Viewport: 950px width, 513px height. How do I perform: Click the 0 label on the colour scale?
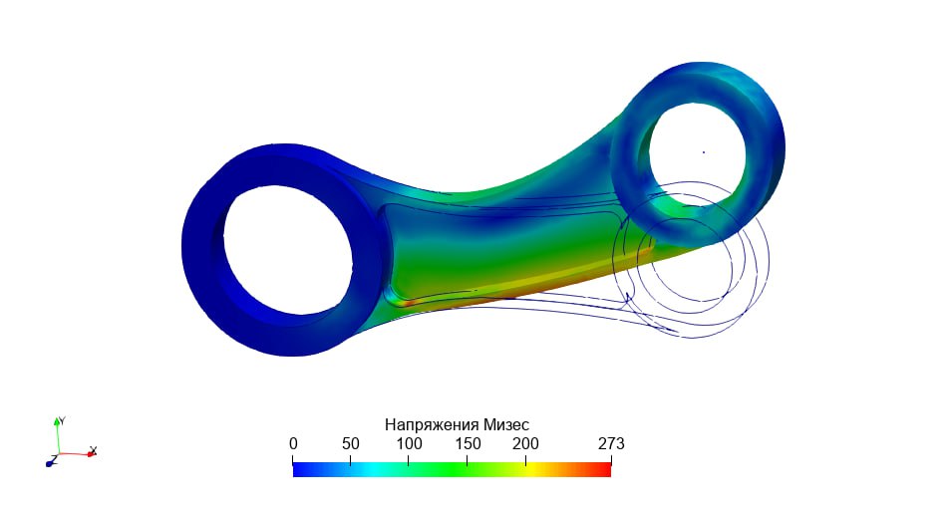point(293,444)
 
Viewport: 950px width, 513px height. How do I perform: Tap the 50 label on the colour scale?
point(350,444)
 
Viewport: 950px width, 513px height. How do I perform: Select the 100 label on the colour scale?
point(409,444)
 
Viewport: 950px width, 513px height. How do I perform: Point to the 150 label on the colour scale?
point(468,444)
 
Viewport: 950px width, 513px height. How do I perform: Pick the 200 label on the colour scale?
point(525,444)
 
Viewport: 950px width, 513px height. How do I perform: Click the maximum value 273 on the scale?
point(611,444)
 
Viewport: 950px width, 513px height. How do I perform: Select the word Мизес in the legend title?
point(506,425)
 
